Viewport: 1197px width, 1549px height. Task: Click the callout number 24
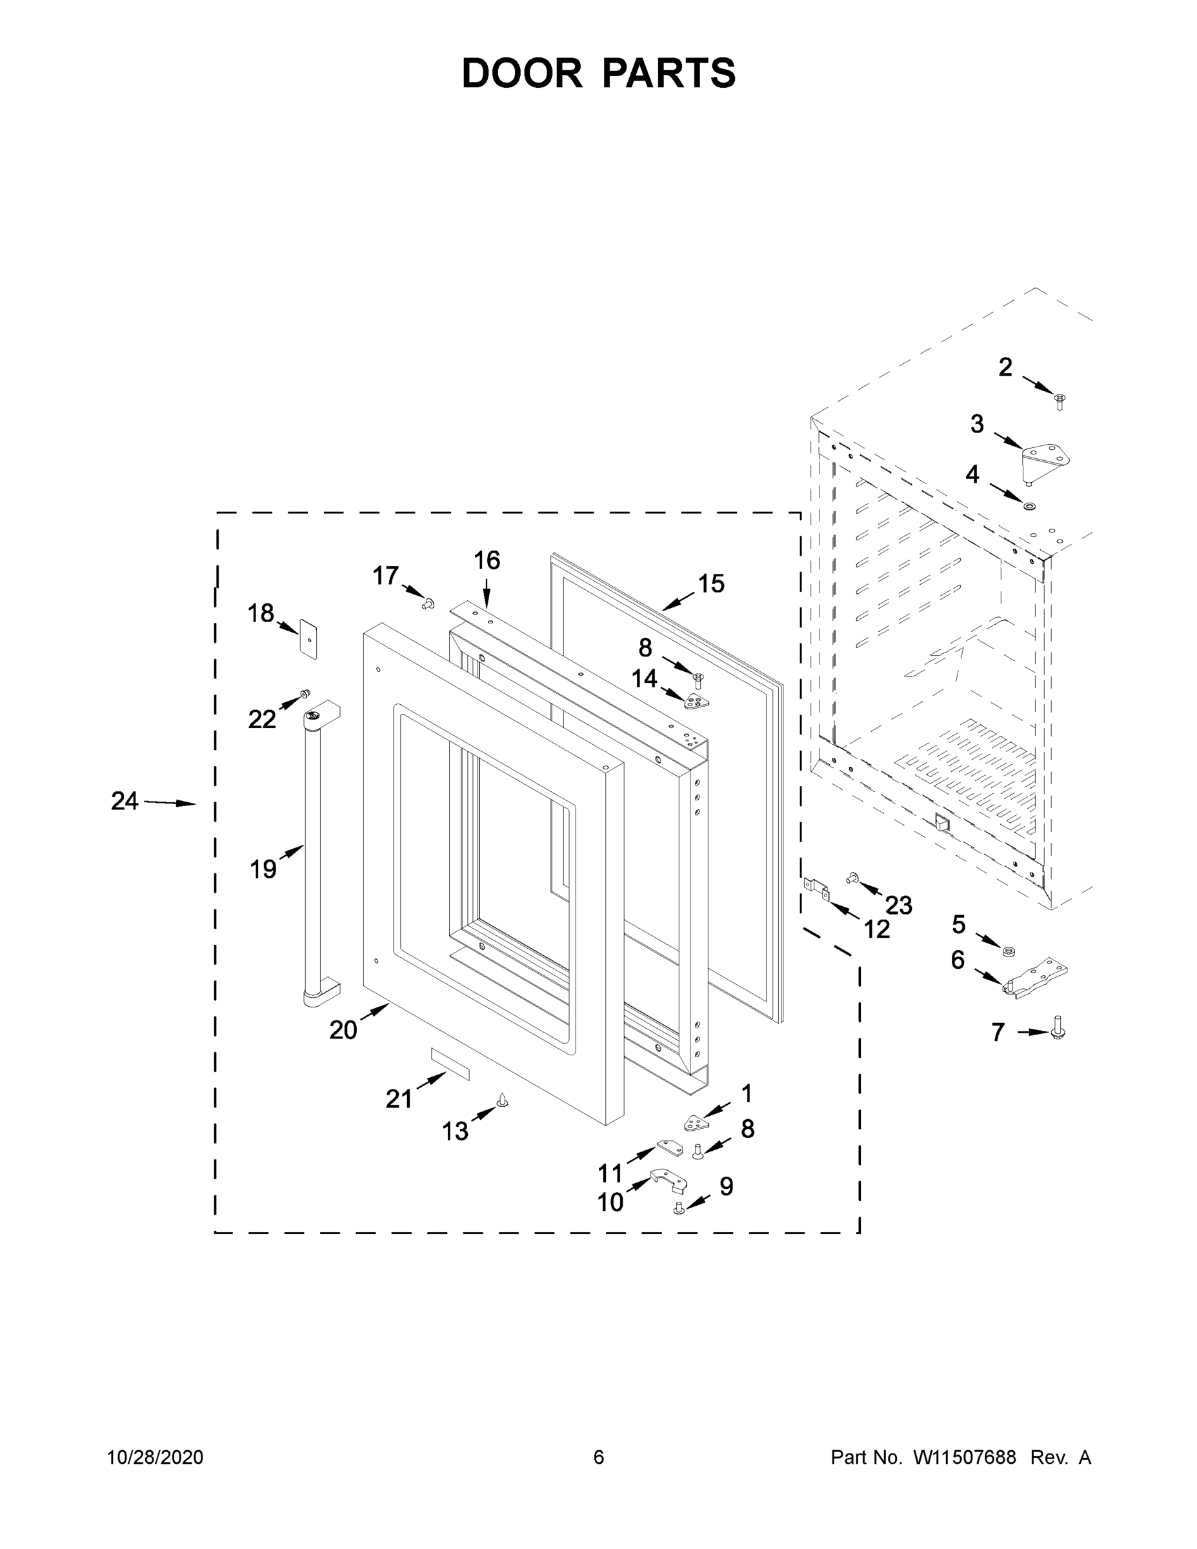click(x=124, y=802)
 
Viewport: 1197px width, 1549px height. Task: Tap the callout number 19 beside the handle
click(x=263, y=869)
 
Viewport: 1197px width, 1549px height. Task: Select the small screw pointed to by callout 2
click(x=1060, y=401)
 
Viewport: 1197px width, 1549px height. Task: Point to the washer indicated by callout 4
click(x=1027, y=507)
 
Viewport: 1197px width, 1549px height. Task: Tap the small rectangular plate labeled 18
click(x=308, y=637)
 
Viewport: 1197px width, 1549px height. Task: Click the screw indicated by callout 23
click(x=850, y=878)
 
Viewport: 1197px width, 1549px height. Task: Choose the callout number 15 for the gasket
click(x=711, y=583)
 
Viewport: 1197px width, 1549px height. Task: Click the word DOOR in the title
click(x=522, y=73)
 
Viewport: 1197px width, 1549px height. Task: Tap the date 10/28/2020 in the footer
click(x=156, y=1457)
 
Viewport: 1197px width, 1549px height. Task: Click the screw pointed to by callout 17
click(x=428, y=603)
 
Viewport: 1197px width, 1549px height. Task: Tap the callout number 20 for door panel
click(x=343, y=1030)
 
